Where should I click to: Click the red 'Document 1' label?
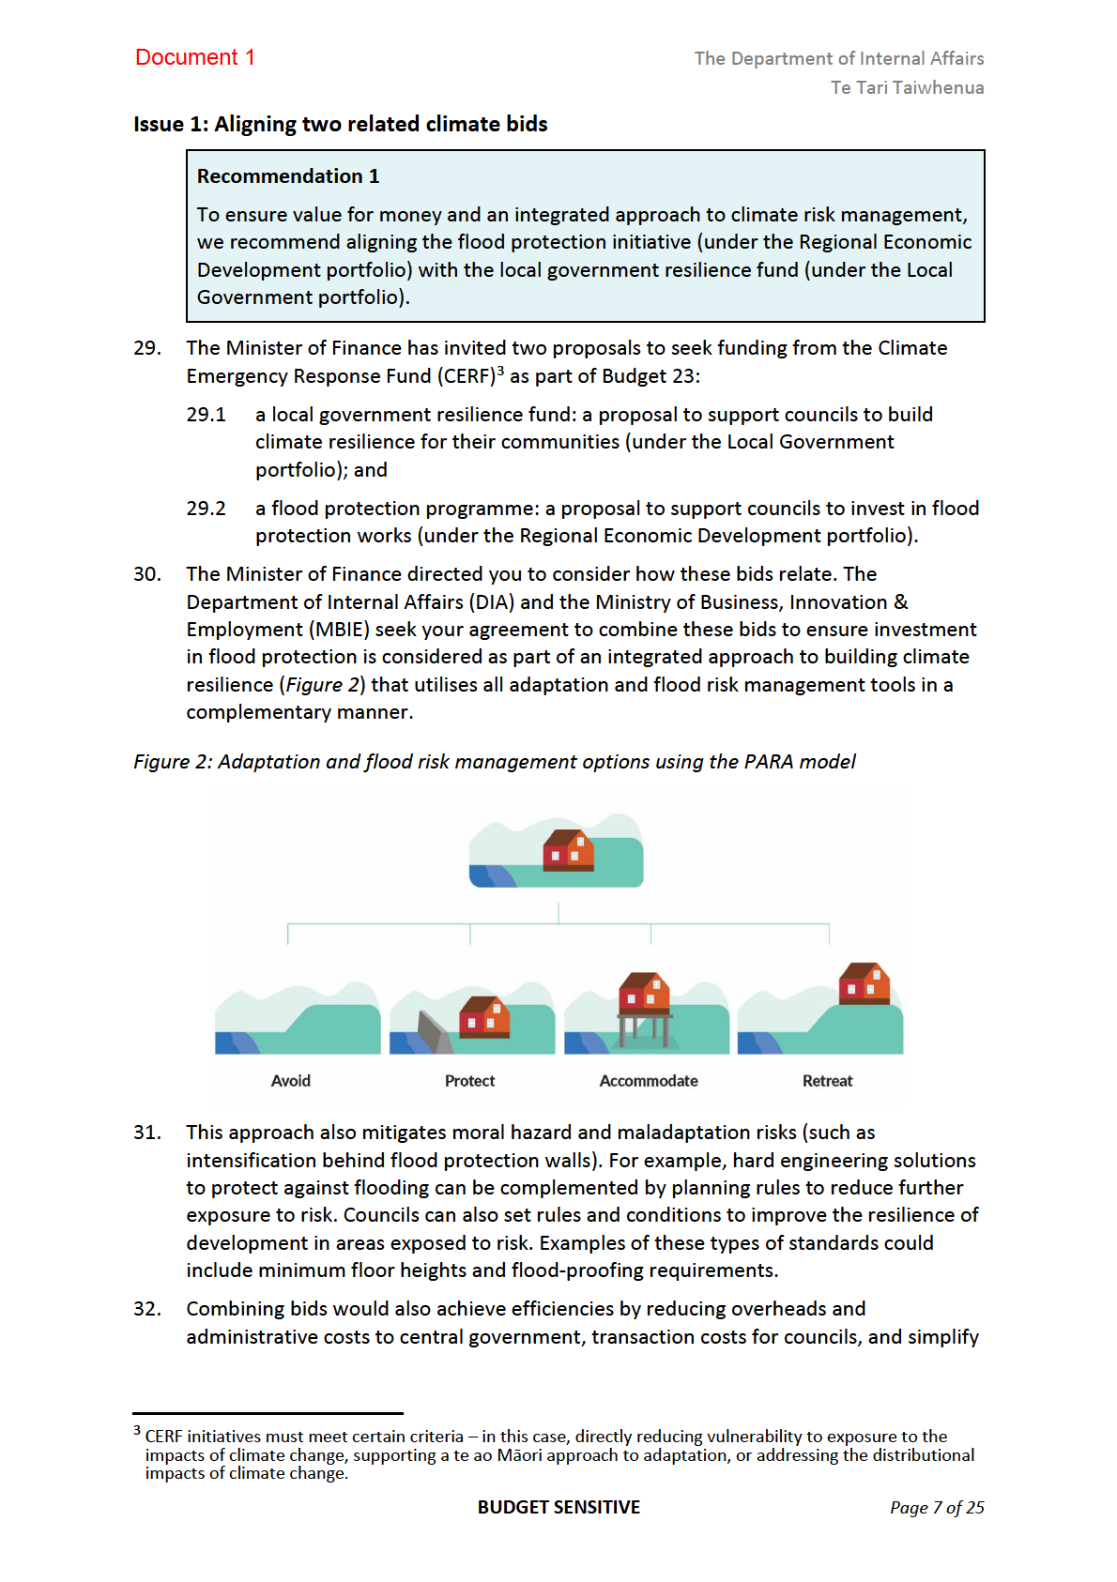point(194,57)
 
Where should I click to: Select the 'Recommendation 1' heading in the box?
point(287,176)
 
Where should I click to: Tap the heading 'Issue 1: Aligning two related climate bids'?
point(340,124)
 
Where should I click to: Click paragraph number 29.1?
point(206,415)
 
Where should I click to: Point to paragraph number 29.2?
point(206,509)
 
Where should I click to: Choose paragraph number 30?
point(146,574)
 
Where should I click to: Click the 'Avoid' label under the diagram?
point(290,1081)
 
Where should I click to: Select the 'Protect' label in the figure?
point(469,1081)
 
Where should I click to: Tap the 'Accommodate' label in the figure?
point(649,1081)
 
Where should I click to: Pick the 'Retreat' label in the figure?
point(827,1081)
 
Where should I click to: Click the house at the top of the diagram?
point(568,850)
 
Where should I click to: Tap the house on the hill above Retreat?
point(864,983)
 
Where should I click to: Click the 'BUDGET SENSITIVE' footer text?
point(558,1507)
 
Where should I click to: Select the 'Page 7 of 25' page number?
point(937,1508)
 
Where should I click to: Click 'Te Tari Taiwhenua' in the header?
point(907,87)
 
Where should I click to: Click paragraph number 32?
point(146,1309)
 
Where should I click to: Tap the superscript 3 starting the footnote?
point(137,1431)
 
